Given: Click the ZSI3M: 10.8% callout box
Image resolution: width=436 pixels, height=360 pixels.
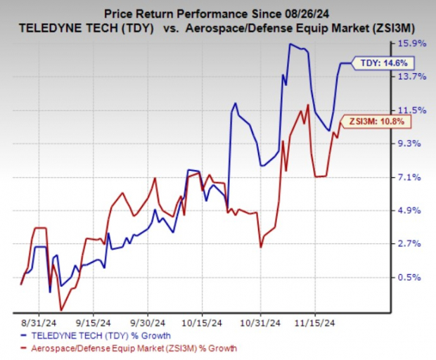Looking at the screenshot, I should pos(374,121).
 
